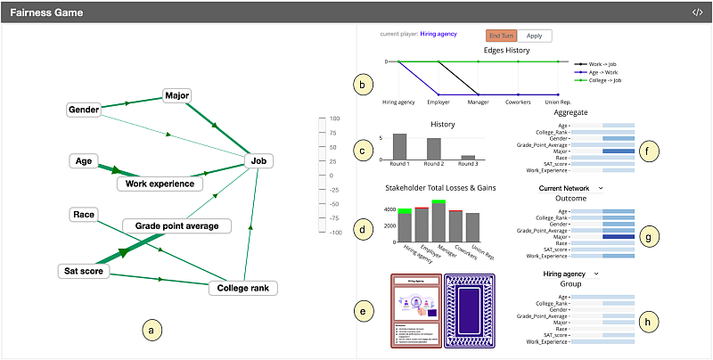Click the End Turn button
click(500, 36)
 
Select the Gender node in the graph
click(83, 110)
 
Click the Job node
click(258, 161)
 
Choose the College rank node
click(243, 288)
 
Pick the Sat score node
click(85, 271)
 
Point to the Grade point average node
click(176, 225)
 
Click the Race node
click(84, 214)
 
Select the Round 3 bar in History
click(468, 158)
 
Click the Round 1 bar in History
click(399, 147)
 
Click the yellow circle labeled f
click(651, 151)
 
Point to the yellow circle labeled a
click(152, 331)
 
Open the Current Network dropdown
click(571, 188)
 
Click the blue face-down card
click(467, 312)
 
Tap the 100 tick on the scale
click(336, 119)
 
